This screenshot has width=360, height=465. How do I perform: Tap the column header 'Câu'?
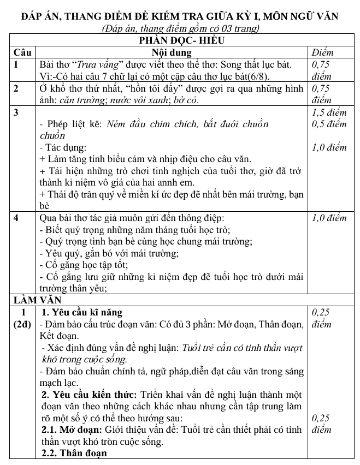(21, 52)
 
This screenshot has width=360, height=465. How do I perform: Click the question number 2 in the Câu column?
(17, 88)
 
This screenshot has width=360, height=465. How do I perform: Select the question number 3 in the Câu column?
(17, 112)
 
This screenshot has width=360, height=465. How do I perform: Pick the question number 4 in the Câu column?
(17, 218)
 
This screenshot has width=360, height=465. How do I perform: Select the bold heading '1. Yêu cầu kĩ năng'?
(82, 312)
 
